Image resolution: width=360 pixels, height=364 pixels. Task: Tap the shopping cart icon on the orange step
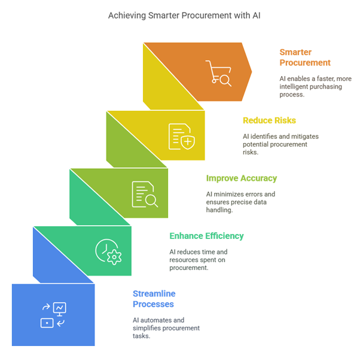[x=218, y=72]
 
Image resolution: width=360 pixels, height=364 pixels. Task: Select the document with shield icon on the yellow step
[x=181, y=135]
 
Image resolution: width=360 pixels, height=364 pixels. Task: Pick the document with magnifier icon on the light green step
[x=145, y=194]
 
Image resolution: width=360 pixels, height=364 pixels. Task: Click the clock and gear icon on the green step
[x=108, y=251]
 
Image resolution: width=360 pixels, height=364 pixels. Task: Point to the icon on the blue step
[x=53, y=315]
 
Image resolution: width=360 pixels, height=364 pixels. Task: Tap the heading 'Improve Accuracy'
[x=242, y=178]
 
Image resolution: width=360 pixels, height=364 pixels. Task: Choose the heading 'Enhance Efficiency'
[x=206, y=236]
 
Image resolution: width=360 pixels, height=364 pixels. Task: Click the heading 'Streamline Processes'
[x=154, y=299]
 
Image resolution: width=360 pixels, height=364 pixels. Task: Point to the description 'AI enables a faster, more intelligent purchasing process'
[x=315, y=87]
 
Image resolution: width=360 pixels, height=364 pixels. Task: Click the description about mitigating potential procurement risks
[x=280, y=144]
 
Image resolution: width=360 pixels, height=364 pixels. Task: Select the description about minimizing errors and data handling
[x=240, y=202]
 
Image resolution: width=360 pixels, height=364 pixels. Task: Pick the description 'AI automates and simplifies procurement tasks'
[x=166, y=328]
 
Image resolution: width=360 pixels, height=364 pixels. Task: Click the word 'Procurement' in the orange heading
[x=305, y=63]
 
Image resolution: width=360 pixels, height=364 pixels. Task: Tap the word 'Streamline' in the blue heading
[x=154, y=293]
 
